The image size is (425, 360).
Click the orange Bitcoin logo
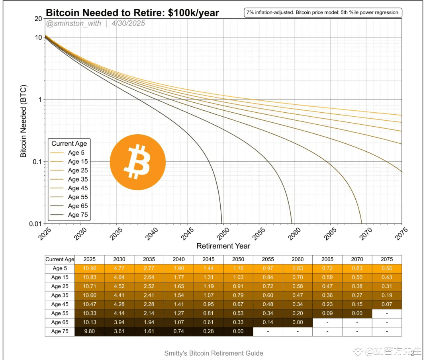point(137,162)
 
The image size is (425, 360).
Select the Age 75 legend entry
point(78,215)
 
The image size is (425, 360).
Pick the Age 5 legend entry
point(76,153)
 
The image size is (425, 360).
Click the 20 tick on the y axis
point(39,19)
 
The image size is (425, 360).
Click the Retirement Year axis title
point(223,246)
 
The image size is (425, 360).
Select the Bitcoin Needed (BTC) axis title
point(24,121)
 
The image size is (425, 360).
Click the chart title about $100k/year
point(133,13)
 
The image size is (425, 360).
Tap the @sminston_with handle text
point(74,23)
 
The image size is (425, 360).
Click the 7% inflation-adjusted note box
point(323,13)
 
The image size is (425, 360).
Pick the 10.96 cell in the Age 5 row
point(89,268)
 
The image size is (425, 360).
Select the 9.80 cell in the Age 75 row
point(89,331)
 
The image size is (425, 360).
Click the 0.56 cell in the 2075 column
point(386,268)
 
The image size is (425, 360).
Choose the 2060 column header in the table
point(298,259)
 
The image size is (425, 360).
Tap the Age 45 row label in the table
point(60,304)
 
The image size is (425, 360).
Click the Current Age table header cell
point(60,259)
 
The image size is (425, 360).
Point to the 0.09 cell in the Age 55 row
point(327,313)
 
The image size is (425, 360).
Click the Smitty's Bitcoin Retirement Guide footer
point(213,353)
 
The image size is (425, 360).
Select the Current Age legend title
point(69,144)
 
